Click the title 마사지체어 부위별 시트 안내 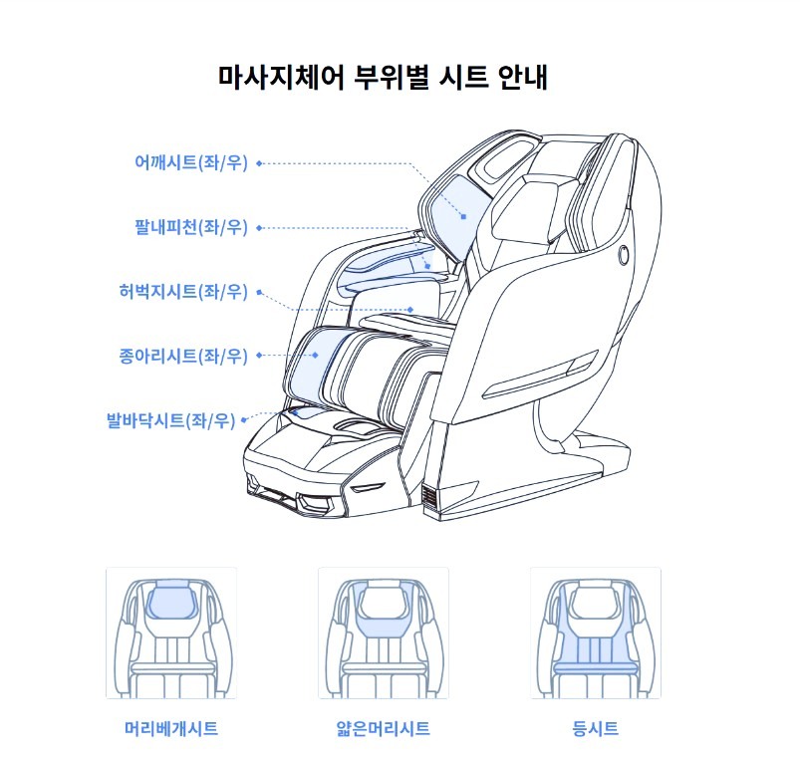[384, 78]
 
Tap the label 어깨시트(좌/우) [191, 162]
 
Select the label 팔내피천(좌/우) [191, 227]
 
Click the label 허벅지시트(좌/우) [183, 291]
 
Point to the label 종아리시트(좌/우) [183, 356]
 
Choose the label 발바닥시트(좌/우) [171, 420]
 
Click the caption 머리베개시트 [171, 728]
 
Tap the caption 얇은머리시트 [384, 728]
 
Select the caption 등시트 [596, 728]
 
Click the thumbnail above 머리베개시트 [171, 633]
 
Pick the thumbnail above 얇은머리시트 [384, 633]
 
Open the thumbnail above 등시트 [596, 633]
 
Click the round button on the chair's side [624, 255]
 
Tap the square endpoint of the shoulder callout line [463, 217]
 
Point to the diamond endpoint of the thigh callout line [410, 310]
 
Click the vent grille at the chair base [430, 497]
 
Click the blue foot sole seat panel [310, 412]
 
